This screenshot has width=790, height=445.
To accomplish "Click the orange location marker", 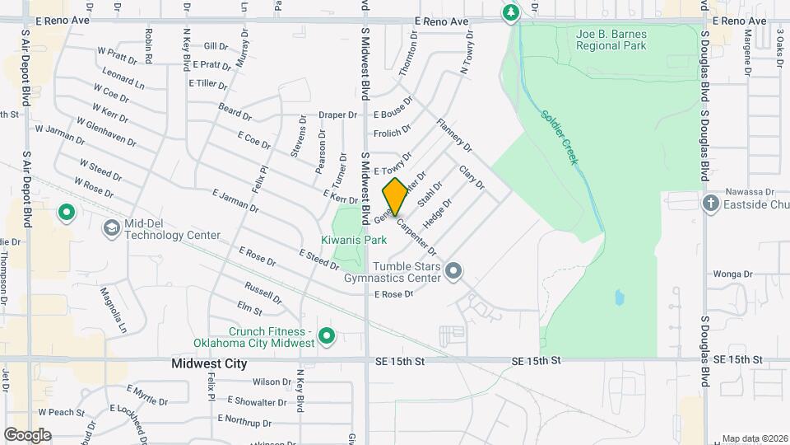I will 395,197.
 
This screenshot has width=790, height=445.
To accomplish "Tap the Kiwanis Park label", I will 354,240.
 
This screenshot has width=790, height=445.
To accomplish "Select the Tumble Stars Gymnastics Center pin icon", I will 453,270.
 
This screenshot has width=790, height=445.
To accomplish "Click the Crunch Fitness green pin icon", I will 327,336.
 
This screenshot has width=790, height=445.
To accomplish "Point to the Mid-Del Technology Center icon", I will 110,227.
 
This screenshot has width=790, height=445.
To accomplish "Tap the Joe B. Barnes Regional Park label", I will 611,39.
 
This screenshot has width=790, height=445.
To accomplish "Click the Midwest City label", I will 209,363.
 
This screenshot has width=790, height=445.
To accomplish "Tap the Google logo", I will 27,434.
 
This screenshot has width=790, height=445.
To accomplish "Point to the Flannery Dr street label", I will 454,136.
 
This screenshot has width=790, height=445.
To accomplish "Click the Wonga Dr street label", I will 732,274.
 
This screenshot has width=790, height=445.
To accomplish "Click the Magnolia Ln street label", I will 114,309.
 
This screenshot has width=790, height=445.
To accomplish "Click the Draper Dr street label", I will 338,115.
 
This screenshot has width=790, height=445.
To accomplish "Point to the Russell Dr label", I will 263,293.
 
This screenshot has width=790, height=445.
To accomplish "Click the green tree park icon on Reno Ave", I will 511,12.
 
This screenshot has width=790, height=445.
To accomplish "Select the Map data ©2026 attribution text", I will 754,438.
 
